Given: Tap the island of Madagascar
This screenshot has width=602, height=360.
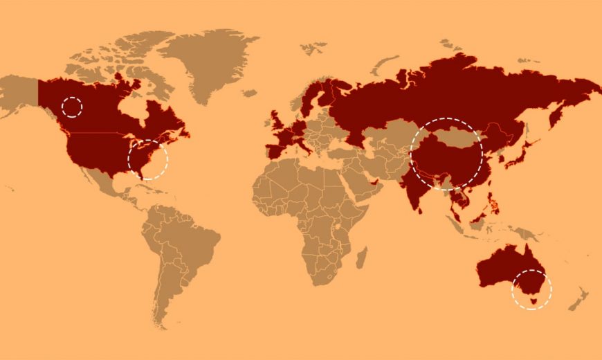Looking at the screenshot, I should pos(361,258).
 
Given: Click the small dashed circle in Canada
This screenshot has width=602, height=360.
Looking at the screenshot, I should pos(72,107).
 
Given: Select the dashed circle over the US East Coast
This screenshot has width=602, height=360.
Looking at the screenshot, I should pos(148,160).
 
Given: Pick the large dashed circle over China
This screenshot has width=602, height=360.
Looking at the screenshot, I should pos(446,154).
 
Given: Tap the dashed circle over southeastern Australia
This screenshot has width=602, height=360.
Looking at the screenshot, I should pos(531,289).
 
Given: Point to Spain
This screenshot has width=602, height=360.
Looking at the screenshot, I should pos(274,151).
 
